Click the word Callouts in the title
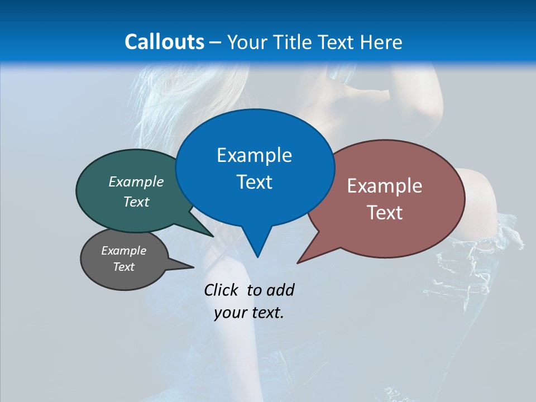tap(164, 42)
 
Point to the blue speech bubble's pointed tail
tap(257, 246)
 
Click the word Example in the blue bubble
tap(254, 155)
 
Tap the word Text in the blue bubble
tap(254, 182)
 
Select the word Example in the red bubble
tap(385, 186)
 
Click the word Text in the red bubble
tap(385, 213)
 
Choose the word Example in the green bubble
tap(136, 182)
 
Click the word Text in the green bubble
tap(136, 202)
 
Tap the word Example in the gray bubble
tap(123, 251)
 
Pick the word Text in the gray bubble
tap(123, 267)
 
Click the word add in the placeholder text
tap(280, 290)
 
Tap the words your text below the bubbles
tap(249, 313)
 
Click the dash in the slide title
tap(216, 42)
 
